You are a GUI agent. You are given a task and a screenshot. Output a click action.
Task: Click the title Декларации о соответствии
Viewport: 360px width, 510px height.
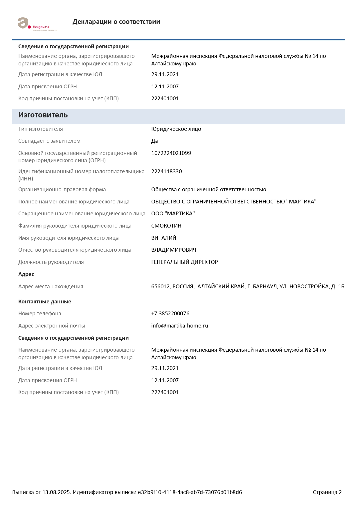tap(116, 22)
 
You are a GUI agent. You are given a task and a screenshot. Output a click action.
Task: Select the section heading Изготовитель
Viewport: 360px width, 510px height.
tap(43, 115)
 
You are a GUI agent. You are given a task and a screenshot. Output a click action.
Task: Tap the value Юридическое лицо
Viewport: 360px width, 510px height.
tap(176, 129)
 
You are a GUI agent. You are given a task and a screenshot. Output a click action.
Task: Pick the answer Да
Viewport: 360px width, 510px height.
tap(154, 141)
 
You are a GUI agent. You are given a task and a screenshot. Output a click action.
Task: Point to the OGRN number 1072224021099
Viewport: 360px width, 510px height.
tap(171, 153)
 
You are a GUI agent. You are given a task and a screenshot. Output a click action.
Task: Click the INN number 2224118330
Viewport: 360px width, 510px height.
tap(166, 171)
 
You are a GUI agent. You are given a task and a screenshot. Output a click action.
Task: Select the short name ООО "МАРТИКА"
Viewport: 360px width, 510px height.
tap(173, 214)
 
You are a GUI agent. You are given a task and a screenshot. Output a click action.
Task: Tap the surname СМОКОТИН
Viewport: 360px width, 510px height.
tap(166, 226)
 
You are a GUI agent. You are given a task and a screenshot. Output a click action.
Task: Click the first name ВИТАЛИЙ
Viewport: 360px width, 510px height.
tap(163, 238)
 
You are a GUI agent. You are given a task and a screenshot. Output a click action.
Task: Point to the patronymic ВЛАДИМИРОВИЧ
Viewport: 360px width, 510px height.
tap(173, 250)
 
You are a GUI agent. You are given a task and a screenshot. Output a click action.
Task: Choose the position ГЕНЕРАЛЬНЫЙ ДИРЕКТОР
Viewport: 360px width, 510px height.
tap(184, 262)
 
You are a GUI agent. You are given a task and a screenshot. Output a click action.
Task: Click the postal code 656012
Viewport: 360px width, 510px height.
tap(160, 287)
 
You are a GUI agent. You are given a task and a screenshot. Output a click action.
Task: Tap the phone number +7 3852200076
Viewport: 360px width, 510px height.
tap(170, 314)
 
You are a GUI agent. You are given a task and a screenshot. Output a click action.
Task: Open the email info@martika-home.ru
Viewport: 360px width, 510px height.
tap(179, 326)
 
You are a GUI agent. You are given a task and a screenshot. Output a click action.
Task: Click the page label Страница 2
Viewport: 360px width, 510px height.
tap(327, 492)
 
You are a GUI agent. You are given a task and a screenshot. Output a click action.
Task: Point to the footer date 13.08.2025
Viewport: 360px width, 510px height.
tap(56, 492)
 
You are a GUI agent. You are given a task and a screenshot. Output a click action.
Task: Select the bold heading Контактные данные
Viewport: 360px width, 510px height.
tap(45, 302)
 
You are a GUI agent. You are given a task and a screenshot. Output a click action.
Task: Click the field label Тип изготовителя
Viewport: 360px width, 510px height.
tap(40, 129)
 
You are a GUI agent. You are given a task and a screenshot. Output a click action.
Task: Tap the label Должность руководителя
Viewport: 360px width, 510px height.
tap(51, 262)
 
